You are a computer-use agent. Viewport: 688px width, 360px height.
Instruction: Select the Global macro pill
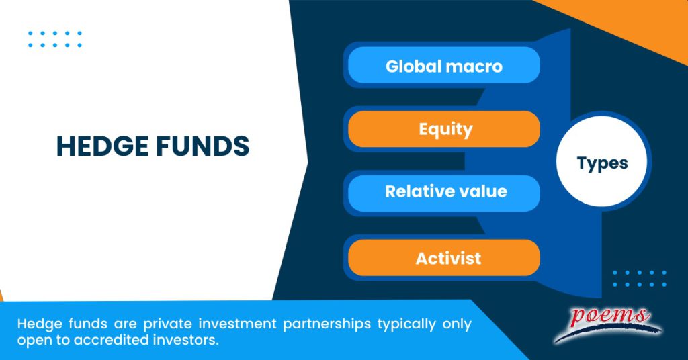click(444, 66)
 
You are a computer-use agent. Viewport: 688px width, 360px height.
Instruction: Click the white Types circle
click(602, 163)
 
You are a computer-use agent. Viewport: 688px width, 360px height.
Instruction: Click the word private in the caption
click(143, 324)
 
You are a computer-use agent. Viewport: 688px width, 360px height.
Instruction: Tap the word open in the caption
click(31, 341)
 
